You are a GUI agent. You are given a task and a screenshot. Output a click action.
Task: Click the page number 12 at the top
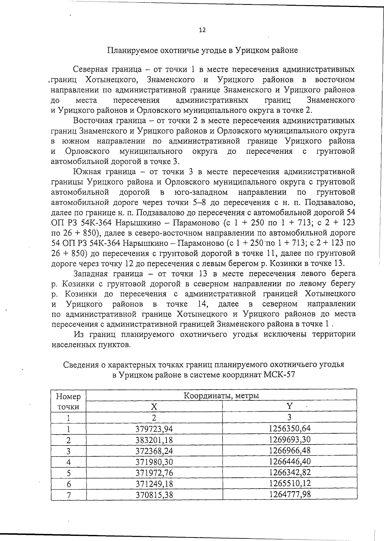[x=202, y=30]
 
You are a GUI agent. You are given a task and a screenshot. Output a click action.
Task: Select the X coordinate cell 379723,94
[x=154, y=429]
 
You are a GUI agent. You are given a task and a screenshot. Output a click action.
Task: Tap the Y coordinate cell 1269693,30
[x=290, y=439]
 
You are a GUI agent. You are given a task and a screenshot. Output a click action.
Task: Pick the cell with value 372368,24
[x=154, y=451]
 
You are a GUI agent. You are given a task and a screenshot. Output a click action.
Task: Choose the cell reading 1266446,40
[x=290, y=461]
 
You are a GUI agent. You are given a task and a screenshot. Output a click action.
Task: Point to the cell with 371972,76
[x=154, y=473]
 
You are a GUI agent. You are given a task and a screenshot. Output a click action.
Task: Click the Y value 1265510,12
[x=290, y=483]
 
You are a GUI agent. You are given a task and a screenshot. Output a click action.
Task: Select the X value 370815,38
[x=154, y=495]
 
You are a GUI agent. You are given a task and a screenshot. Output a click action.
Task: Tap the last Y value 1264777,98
[x=290, y=494]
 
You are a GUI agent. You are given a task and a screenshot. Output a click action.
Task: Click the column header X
[x=154, y=406]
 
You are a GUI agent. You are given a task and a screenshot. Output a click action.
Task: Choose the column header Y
[x=289, y=406]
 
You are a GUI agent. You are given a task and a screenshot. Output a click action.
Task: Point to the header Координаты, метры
[x=221, y=396]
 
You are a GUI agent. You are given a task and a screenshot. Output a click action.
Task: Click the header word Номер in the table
[x=68, y=397]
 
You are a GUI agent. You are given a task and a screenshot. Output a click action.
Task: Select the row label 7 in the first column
[x=68, y=495]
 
